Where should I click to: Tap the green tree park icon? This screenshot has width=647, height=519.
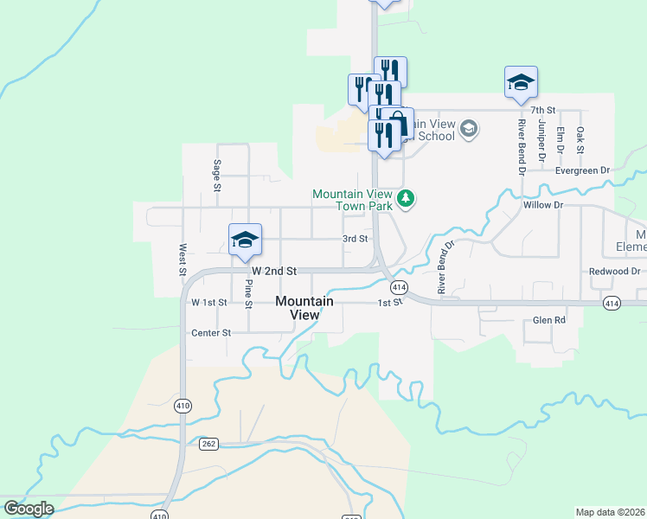[406, 201]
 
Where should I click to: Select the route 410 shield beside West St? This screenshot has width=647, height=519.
[182, 405]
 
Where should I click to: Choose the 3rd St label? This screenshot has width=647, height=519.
[356, 239]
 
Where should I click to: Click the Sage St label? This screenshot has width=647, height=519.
[217, 176]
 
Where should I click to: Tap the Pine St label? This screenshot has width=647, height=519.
[248, 293]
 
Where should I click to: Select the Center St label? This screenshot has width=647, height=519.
[211, 332]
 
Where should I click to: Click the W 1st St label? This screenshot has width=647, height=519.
[209, 302]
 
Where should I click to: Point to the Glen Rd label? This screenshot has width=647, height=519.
[548, 320]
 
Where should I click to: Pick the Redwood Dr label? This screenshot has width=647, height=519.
[613, 272]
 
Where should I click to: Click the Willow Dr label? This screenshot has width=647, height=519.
[542, 206]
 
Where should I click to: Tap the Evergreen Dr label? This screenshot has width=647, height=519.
[584, 170]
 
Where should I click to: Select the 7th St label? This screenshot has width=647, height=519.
[542, 111]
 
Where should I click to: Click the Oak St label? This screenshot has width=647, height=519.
[580, 140]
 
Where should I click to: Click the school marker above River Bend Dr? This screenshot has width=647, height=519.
[521, 83]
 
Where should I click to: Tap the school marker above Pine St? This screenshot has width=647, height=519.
[245, 240]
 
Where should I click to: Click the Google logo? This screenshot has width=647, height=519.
[29, 509]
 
